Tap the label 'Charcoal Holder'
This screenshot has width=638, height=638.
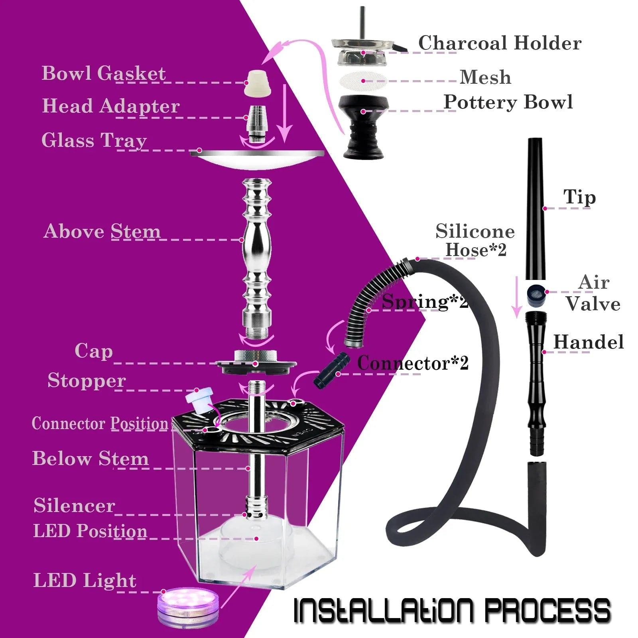499,43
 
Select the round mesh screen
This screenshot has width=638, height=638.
363,81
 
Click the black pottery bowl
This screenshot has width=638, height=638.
363,124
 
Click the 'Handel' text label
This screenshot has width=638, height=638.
588,342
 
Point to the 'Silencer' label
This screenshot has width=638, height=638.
74,506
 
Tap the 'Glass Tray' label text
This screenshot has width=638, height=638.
94,140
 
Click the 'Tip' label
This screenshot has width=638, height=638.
579,197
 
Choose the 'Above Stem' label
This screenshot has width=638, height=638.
102,231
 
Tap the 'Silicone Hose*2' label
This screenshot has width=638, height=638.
475,240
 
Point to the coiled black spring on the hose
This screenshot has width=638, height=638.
373,295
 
